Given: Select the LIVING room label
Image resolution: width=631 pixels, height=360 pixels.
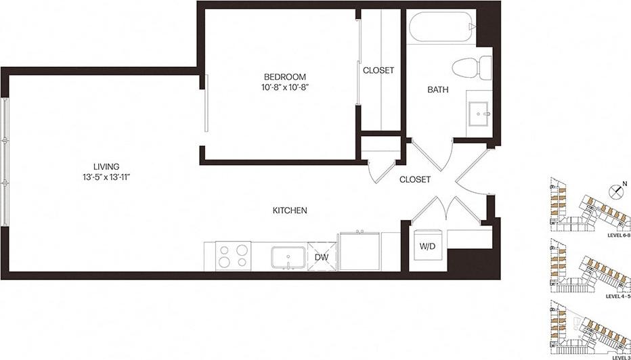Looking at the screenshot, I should point(107,166).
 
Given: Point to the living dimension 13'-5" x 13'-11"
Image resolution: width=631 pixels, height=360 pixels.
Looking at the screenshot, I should point(107,177).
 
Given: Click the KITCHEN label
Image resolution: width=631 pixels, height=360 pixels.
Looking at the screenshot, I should point(290,210).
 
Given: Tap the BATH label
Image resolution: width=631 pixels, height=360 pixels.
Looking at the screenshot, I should point(436,90).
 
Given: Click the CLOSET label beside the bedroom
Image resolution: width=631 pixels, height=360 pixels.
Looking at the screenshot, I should point(378,70).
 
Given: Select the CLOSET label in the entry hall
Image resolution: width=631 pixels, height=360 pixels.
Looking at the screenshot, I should point(414,179).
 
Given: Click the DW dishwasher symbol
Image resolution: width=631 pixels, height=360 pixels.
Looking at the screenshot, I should point(322,256).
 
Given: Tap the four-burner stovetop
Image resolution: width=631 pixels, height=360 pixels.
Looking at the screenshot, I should point(233,256).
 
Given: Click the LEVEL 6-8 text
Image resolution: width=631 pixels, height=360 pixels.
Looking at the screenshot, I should point(618,235).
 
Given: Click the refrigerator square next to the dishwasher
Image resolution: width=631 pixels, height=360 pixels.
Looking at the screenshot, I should point(360,251).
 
